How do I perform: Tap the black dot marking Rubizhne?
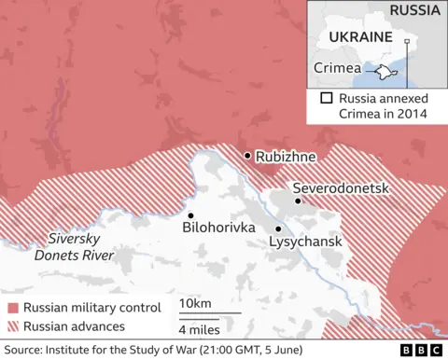[247, 156]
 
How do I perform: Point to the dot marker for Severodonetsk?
[298, 201]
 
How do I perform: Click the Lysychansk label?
[305, 242]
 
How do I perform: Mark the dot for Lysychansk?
[278, 228]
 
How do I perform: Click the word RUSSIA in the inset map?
[415, 11]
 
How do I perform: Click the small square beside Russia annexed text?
[326, 98]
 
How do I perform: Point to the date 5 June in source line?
[333, 350]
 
